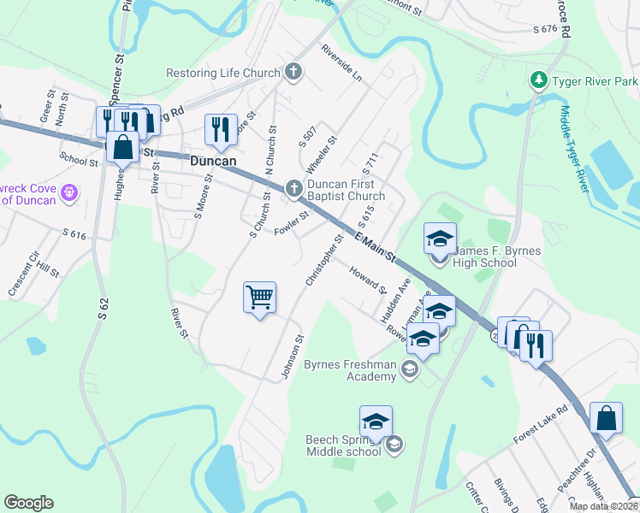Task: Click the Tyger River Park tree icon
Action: pyautogui.click(x=539, y=81)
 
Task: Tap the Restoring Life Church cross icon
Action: pyautogui.click(x=293, y=73)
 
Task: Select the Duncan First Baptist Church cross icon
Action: pyautogui.click(x=293, y=188)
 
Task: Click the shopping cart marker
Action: pyautogui.click(x=259, y=298)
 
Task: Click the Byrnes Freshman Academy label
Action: pyautogui.click(x=351, y=371)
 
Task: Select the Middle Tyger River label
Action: pyautogui.click(x=575, y=148)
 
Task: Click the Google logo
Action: pyautogui.click(x=28, y=503)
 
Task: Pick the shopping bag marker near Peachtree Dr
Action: pyautogui.click(x=606, y=420)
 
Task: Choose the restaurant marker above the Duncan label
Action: pyautogui.click(x=221, y=129)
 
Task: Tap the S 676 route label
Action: pyautogui.click(x=544, y=29)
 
